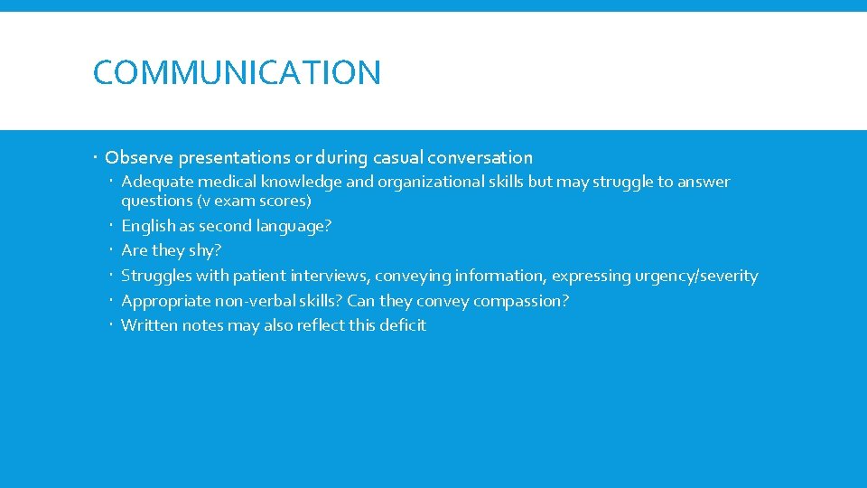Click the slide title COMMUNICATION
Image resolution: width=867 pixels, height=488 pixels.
pos(237,72)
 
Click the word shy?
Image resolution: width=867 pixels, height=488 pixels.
pos(203,250)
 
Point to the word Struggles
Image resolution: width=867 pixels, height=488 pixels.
pos(156,276)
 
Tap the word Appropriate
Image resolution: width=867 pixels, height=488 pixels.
pos(164,301)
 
